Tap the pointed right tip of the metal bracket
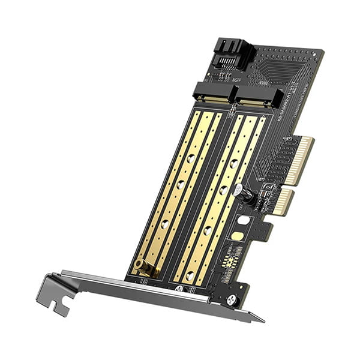259,318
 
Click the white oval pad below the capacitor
243,220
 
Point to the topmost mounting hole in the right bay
232,164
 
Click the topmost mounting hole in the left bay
190,158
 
